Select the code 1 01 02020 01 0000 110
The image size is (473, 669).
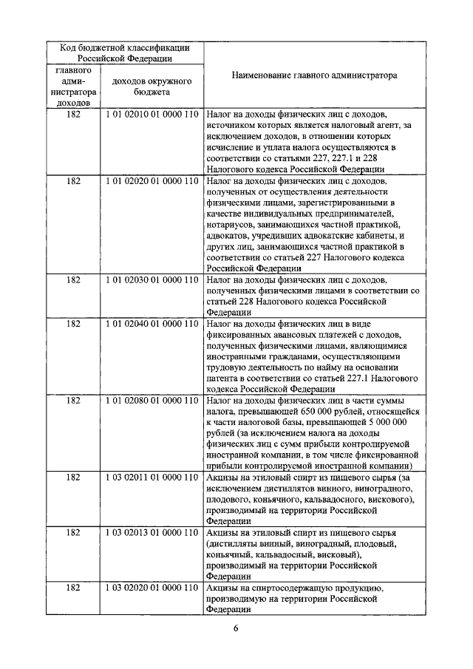[x=152, y=180]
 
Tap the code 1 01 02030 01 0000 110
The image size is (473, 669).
[x=152, y=280]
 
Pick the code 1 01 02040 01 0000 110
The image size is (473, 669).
[x=152, y=323]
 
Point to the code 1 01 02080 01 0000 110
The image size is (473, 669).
[x=152, y=400]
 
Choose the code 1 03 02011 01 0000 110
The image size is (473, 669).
[x=152, y=477]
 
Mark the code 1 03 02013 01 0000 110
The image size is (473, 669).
[x=152, y=532]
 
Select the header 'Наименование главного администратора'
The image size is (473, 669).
[x=314, y=75]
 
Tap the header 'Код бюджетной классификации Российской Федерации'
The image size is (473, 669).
[x=126, y=52]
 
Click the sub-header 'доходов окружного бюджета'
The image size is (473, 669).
[x=152, y=86]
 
